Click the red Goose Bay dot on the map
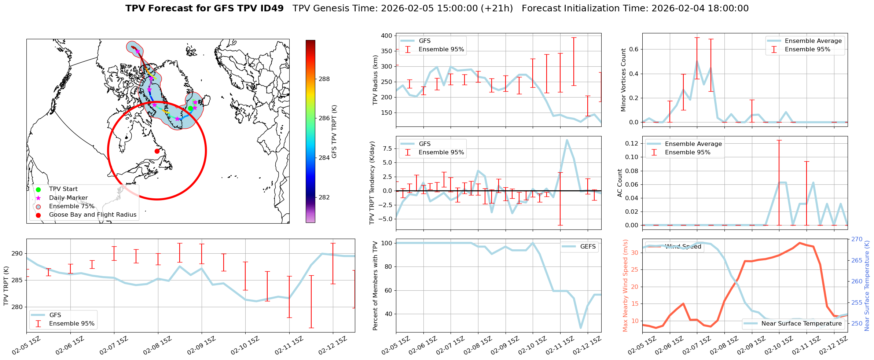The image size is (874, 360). click(157, 151)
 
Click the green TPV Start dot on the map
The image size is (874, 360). click(190, 108)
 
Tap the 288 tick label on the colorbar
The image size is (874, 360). click(324, 79)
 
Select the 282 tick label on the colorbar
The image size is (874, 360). click(324, 197)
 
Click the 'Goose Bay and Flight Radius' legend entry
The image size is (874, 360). click(92, 215)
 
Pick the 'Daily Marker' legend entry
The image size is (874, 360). click(68, 198)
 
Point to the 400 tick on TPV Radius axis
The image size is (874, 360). click(386, 36)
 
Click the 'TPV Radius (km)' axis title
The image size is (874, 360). click(375, 80)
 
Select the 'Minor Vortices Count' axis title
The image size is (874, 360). click(624, 80)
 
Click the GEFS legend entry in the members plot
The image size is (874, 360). click(588, 247)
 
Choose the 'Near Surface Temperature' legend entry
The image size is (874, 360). click(801, 324)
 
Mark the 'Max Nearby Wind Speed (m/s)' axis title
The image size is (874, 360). click(625, 286)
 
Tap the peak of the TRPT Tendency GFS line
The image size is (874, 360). click(567, 140)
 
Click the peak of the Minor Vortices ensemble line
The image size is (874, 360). click(697, 62)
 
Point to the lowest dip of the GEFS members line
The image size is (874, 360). click(581, 328)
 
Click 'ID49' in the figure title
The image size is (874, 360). click(271, 8)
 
